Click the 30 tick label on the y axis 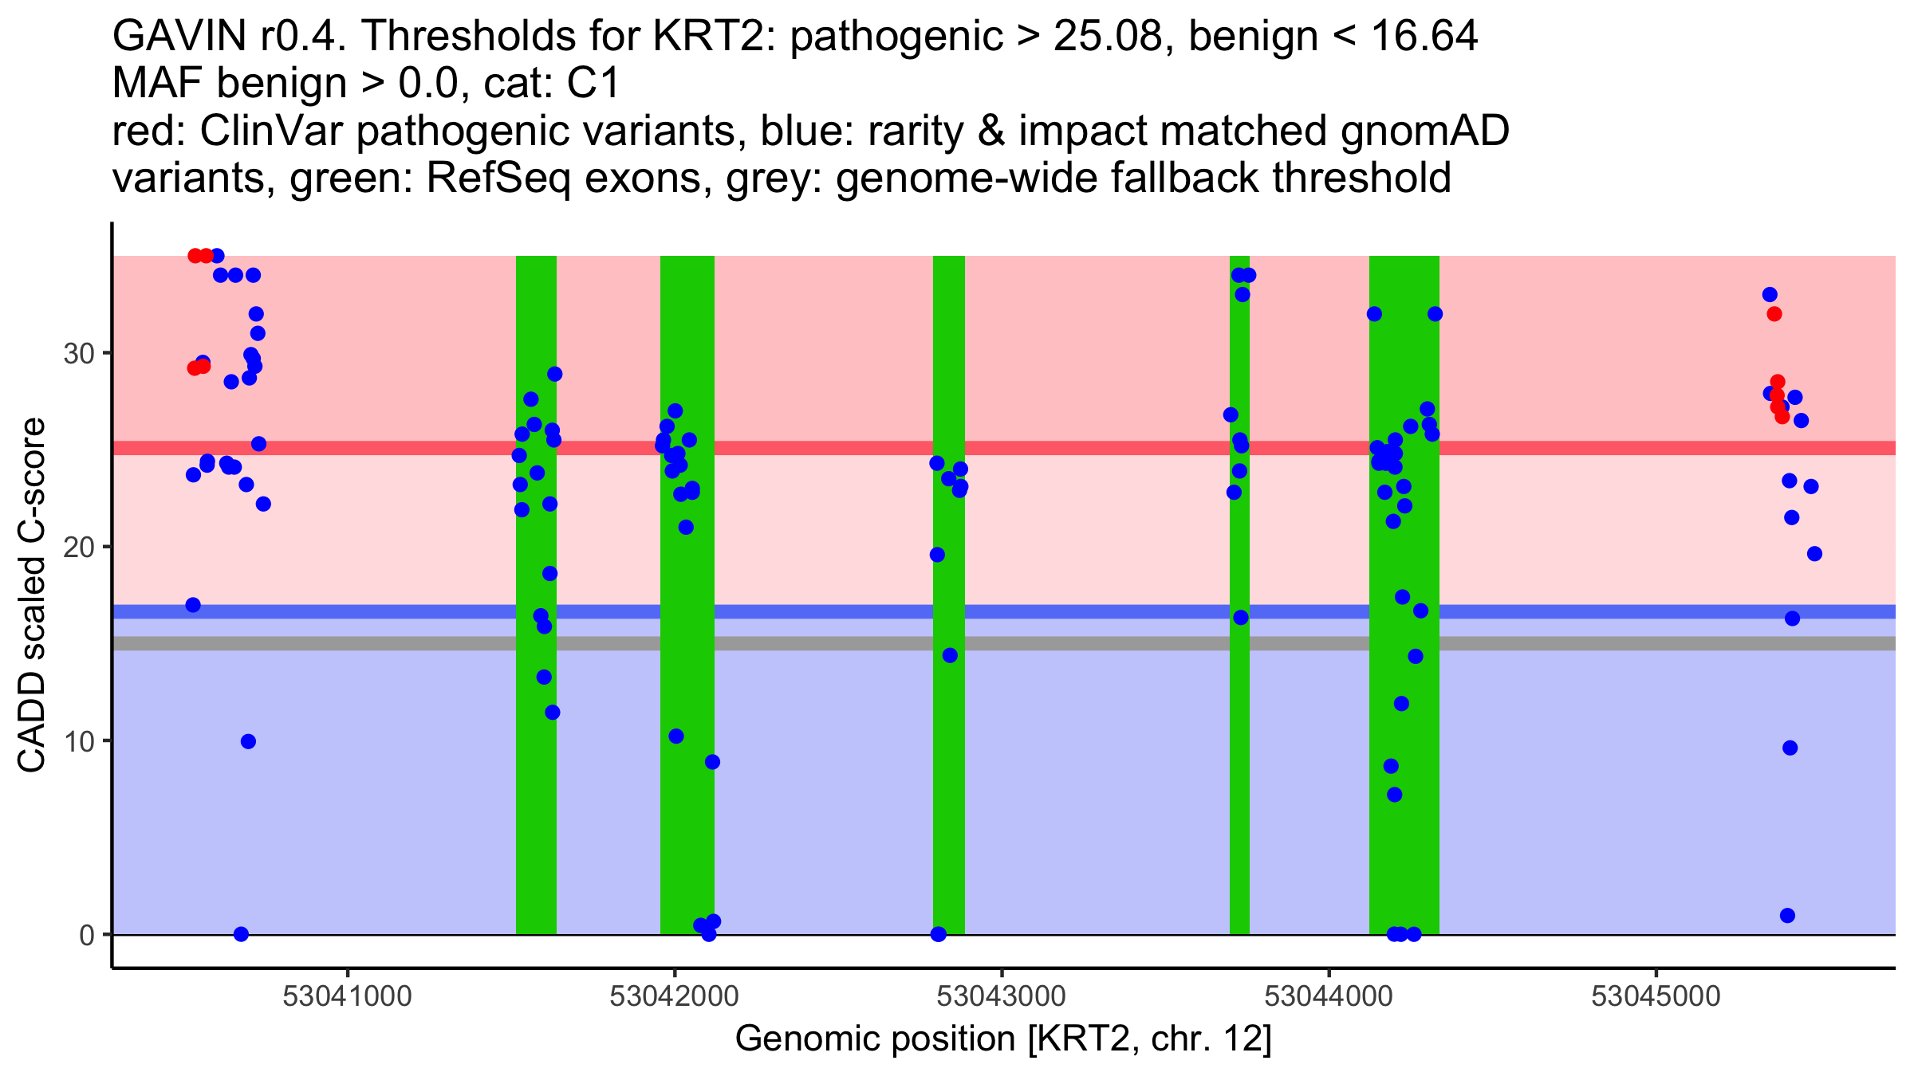click(79, 353)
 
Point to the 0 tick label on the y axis click(86, 935)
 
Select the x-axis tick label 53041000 click(347, 995)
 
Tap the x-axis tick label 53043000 click(1001, 995)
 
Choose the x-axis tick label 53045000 click(1656, 995)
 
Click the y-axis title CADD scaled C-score click(32, 595)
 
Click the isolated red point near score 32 click(1774, 314)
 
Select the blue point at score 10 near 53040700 click(248, 742)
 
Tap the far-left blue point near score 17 click(193, 605)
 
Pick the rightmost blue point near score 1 click(1787, 915)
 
